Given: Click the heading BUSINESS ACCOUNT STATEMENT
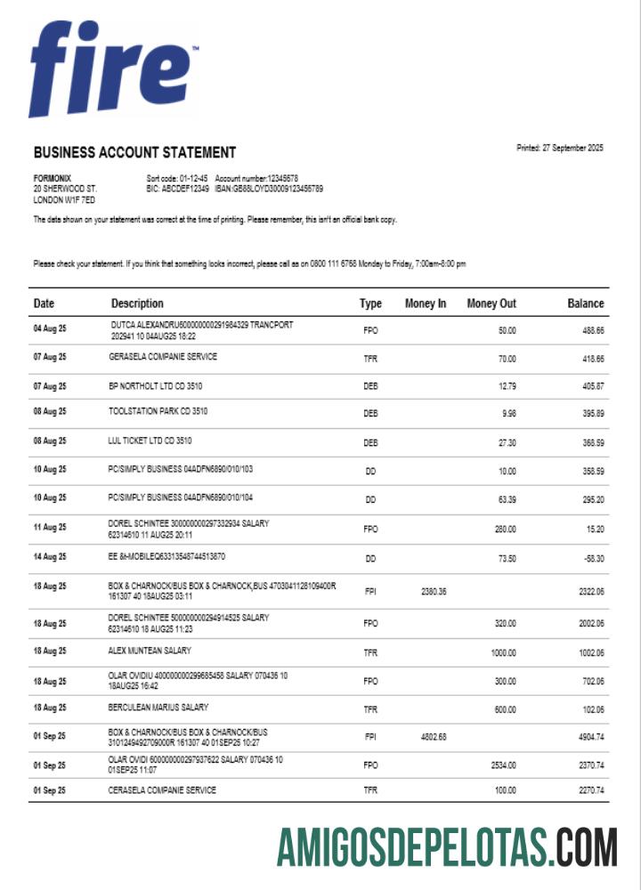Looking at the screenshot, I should (x=134, y=152).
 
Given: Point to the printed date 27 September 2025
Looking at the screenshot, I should (x=559, y=148).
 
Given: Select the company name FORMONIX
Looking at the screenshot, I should (x=53, y=179).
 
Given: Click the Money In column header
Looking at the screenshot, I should (x=426, y=303).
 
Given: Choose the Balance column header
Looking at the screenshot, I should (x=585, y=303).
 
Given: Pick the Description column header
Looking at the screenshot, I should (x=137, y=303).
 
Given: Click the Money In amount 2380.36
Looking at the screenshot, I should (x=432, y=591).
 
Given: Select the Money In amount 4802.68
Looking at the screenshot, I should (x=432, y=738).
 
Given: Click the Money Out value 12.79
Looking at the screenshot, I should (x=506, y=386).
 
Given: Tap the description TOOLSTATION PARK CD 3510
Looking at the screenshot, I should (x=158, y=411).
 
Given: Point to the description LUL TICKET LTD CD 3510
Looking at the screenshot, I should (x=150, y=441).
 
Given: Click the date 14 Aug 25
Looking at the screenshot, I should (x=50, y=557).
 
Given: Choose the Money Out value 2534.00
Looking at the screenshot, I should (x=503, y=765).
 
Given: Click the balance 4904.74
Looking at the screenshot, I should (x=588, y=738).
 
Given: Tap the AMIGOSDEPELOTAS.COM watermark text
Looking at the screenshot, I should (x=446, y=846).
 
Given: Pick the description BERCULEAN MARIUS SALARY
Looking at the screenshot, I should (x=158, y=708).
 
